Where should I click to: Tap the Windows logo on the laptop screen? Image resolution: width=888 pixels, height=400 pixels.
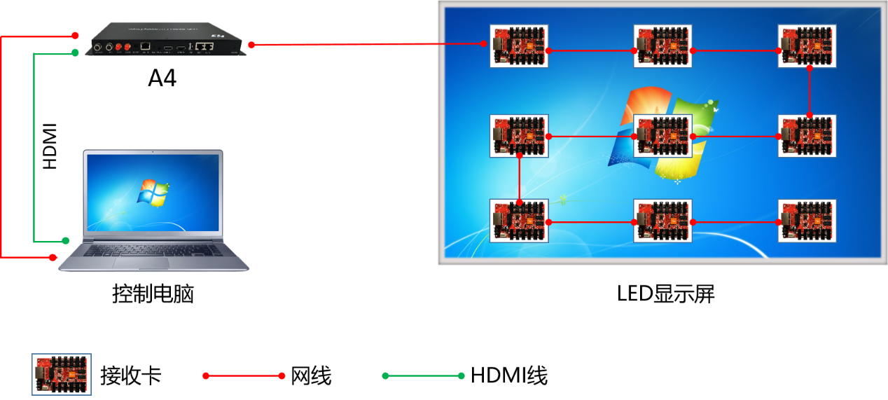(153, 193)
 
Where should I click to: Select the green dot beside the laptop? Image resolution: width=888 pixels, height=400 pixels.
(66, 240)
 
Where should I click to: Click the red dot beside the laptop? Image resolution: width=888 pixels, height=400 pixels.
(53, 258)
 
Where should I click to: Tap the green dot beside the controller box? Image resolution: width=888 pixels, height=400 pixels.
(75, 53)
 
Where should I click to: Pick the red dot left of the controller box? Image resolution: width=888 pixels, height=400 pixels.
(75, 35)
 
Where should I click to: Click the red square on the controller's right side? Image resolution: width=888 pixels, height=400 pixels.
(251, 45)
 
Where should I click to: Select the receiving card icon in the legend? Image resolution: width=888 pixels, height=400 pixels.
(62, 374)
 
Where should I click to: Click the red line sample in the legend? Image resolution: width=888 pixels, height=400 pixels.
(244, 376)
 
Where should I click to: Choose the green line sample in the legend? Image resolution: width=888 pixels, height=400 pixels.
(423, 376)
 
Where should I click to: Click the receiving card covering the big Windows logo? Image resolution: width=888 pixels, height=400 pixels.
(662, 136)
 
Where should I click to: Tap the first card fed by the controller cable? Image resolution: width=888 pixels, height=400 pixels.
(518, 46)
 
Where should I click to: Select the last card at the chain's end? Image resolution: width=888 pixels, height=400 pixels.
(807, 221)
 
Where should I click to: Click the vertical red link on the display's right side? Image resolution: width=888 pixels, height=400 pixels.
(810, 92)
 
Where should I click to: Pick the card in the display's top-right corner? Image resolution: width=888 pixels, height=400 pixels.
(807, 46)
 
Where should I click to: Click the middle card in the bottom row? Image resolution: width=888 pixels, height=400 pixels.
(662, 221)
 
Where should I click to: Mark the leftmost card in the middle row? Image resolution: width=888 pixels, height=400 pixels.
(518, 136)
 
